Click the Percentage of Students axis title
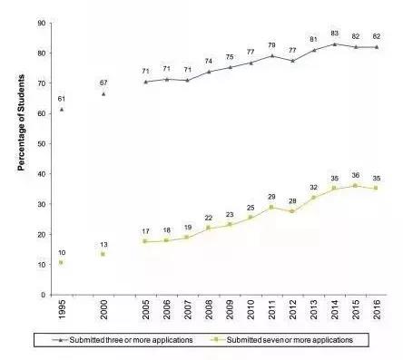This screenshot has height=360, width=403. pos(21,122)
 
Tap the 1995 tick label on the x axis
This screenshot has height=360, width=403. pos(62,309)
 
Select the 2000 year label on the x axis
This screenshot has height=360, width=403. pos(103,309)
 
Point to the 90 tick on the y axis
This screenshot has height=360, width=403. pos(42,23)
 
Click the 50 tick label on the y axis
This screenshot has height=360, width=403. pos(42,143)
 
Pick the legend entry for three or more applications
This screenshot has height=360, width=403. pos(123,340)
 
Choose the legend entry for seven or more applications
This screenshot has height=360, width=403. pos(281,340)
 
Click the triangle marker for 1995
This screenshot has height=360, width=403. pos(62,110)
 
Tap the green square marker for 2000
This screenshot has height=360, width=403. pos(103,254)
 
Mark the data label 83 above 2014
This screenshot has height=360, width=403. pos(334,34)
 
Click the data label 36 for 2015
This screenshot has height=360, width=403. pos(356,175)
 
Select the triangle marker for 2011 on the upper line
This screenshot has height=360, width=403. pos(271,55)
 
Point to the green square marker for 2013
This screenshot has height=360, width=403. pos(313,198)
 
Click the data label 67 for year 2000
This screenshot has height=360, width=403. pos(103,83)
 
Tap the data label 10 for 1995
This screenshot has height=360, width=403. pos(62,253)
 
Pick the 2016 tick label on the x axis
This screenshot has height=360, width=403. pos(377,309)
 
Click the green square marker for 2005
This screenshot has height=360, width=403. pos(144,241)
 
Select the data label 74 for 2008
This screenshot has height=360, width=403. pos(209,61)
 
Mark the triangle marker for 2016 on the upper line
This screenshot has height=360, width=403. pos(377,47)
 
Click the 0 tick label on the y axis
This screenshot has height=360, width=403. pos(44,295)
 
